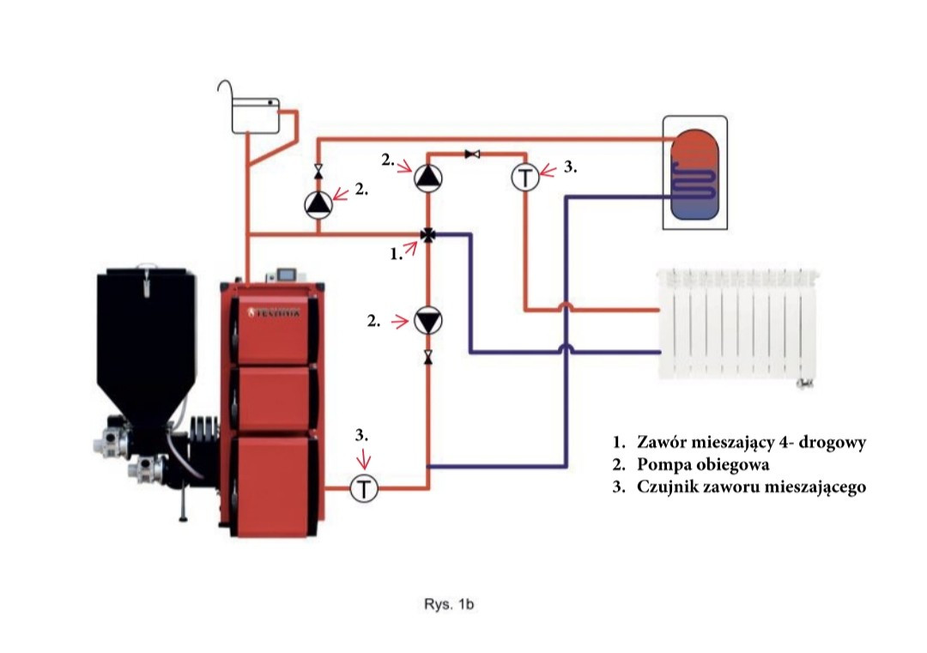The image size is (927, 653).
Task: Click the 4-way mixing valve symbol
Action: (428, 234)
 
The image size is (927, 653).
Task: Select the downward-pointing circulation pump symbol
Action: (427, 321)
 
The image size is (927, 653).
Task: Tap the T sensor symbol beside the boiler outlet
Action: (364, 489)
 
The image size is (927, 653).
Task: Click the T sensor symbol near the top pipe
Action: (525, 177)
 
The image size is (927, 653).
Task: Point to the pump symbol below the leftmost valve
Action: (318, 204)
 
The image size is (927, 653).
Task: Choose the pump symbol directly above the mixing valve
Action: (427, 177)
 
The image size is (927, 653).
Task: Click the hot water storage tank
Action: (694, 173)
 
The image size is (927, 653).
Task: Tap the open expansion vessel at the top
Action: (255, 115)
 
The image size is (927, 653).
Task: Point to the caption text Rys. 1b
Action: (449, 604)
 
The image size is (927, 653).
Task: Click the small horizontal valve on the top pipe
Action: (472, 154)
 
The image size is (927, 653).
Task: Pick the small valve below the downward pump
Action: (428, 356)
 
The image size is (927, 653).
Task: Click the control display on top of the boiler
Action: (288, 275)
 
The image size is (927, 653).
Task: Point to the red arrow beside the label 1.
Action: (410, 248)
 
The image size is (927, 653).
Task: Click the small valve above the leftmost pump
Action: (318, 172)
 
